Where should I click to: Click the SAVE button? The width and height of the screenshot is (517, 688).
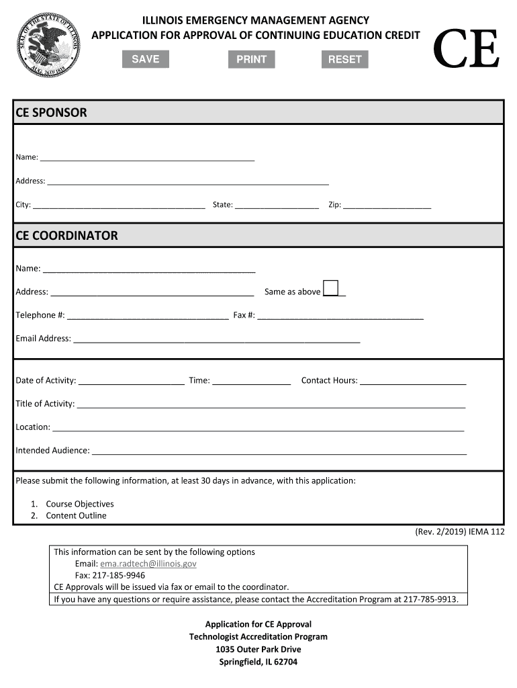(x=145, y=59)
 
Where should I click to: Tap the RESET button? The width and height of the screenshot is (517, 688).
(x=344, y=59)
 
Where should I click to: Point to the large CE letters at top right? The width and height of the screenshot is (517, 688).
(x=466, y=50)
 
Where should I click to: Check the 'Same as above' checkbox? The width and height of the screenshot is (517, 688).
(x=330, y=288)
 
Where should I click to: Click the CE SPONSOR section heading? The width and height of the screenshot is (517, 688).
(x=52, y=112)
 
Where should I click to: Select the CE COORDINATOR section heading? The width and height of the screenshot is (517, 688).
(x=66, y=236)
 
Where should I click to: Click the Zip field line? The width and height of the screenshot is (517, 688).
(x=387, y=206)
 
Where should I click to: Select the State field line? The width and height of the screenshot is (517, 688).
(x=277, y=206)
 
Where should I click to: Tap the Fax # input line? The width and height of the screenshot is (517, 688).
(x=340, y=316)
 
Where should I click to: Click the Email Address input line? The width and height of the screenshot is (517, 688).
(x=216, y=339)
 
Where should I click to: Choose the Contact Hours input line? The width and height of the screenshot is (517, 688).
(x=412, y=381)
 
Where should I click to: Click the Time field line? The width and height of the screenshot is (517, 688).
(x=251, y=381)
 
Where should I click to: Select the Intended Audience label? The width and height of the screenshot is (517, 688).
(x=52, y=450)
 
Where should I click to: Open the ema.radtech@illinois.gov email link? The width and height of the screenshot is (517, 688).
(x=148, y=564)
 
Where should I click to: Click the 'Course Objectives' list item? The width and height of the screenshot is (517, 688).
(x=80, y=504)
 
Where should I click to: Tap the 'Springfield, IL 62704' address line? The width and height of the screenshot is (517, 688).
(x=258, y=662)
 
